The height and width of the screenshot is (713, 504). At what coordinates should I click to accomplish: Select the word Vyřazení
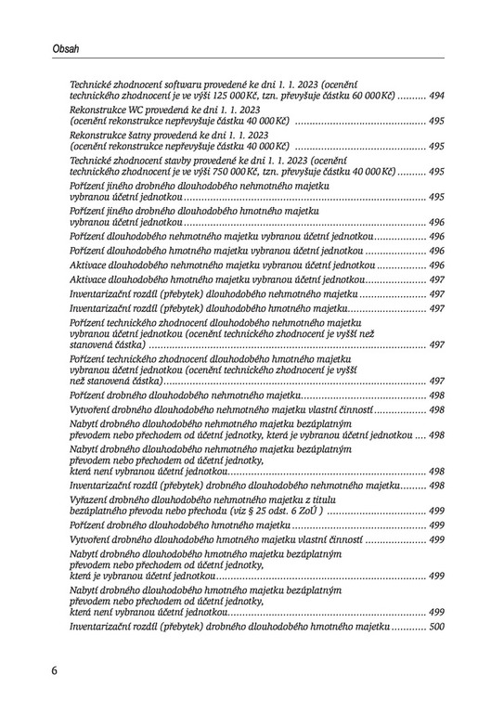[x=89, y=499]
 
